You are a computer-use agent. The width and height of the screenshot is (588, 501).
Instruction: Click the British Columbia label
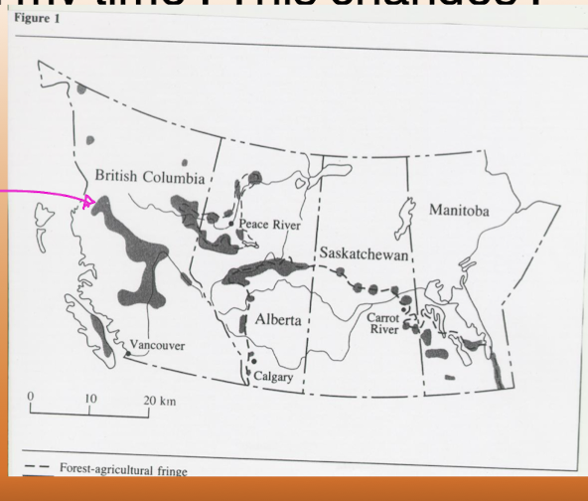click(x=149, y=177)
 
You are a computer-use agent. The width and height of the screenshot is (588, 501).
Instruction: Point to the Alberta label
click(x=278, y=320)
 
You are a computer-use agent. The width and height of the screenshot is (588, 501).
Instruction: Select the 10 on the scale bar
click(x=90, y=397)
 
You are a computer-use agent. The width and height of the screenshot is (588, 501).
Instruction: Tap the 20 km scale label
click(x=159, y=397)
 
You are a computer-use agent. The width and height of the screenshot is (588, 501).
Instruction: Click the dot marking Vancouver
click(x=128, y=352)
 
